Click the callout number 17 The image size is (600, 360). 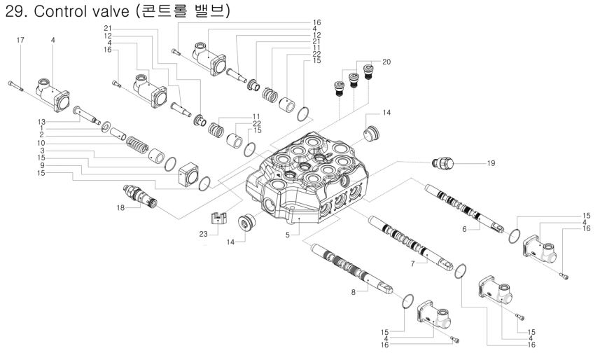[x=20, y=40]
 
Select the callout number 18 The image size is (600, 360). [x=121, y=208]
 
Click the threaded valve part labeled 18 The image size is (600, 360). [x=140, y=195]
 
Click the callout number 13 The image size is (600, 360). [x=42, y=120]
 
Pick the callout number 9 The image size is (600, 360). [x=42, y=165]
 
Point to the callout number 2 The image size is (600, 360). [x=42, y=133]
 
